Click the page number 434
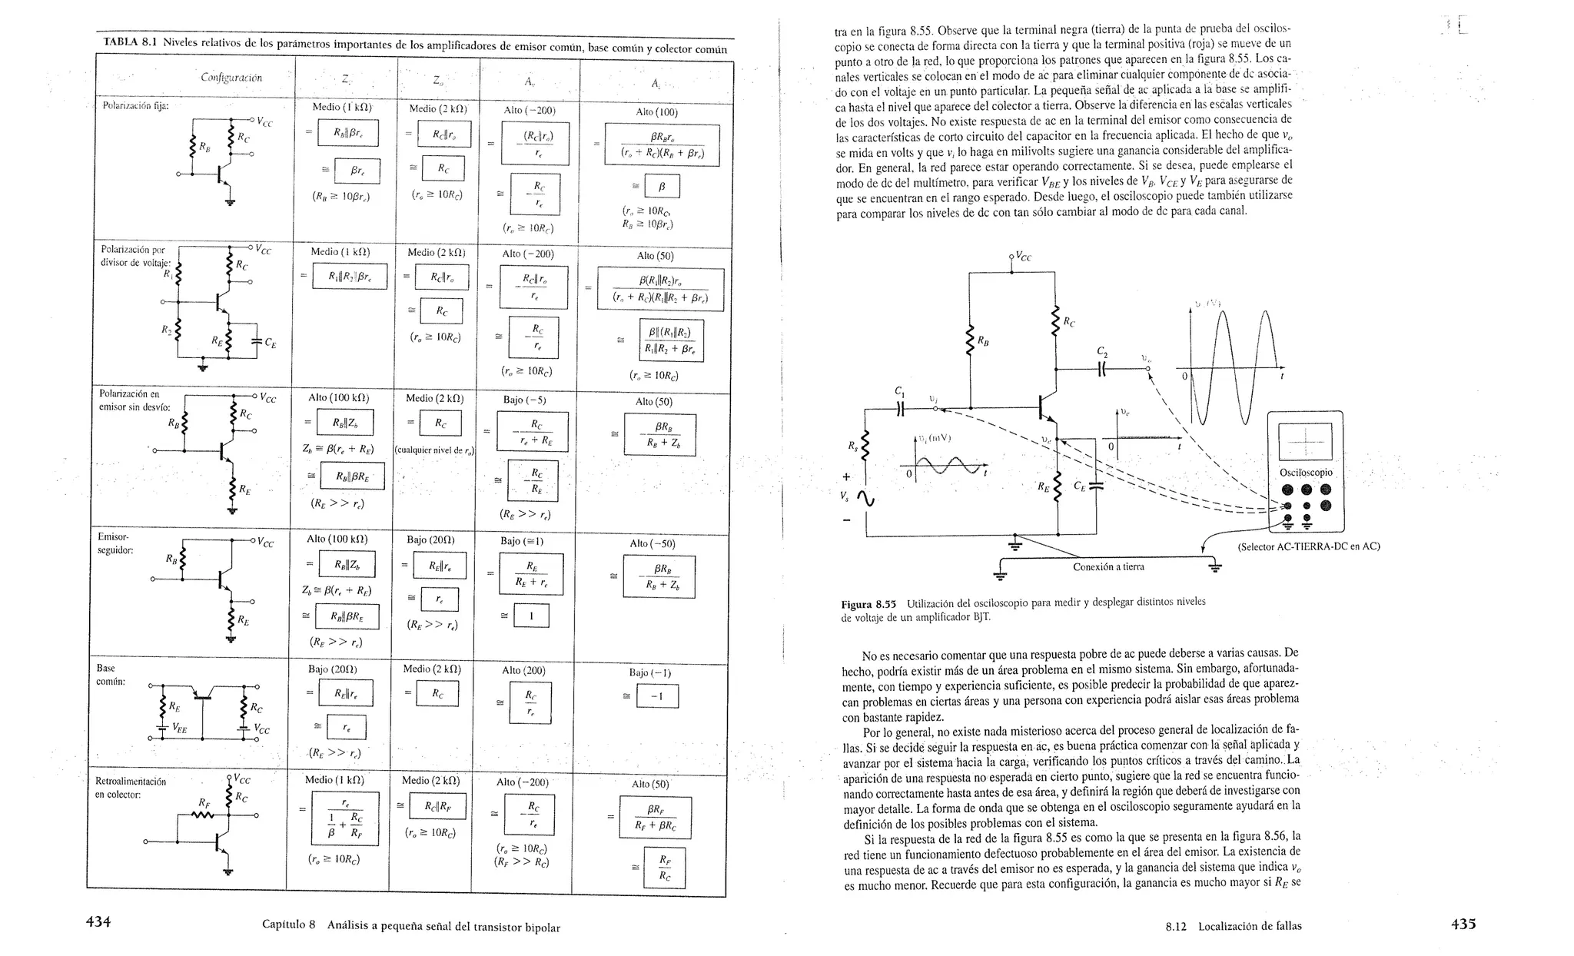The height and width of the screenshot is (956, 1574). [x=98, y=922]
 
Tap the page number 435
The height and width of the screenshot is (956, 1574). [x=1463, y=924]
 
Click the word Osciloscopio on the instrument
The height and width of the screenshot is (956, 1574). [x=1306, y=473]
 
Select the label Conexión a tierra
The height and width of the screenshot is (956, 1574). [x=1108, y=567]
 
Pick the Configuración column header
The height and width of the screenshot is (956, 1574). [x=231, y=78]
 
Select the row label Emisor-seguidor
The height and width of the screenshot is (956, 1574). [x=115, y=543]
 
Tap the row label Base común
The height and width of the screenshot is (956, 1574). [x=110, y=676]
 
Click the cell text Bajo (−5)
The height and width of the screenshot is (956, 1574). [x=524, y=400]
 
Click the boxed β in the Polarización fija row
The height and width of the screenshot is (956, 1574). [x=662, y=187]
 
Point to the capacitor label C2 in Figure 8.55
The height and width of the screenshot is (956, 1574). [x=1102, y=352]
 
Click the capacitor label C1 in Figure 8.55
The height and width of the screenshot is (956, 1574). [x=899, y=391]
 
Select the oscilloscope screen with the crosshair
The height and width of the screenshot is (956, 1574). [x=1305, y=441]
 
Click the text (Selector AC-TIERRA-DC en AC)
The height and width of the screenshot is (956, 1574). [x=1309, y=546]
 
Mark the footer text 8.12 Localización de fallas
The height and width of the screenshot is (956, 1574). [x=1234, y=926]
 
